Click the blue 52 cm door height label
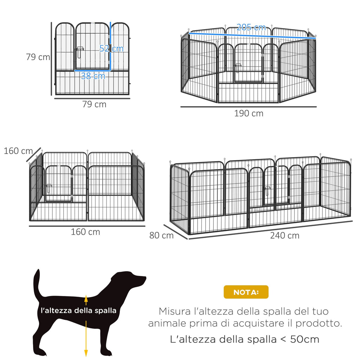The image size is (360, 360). click(x=111, y=49)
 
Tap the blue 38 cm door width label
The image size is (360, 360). click(x=93, y=76)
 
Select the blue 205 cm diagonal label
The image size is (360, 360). click(x=251, y=27)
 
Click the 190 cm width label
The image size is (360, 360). click(x=249, y=114)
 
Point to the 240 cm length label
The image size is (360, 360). click(x=285, y=236)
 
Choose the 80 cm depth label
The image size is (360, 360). click(x=161, y=236)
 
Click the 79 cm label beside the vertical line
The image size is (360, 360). click(x=38, y=57)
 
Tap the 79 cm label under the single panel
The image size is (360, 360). click(x=94, y=104)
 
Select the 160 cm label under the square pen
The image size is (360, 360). click(x=85, y=232)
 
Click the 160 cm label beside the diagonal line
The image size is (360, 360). click(x=18, y=151)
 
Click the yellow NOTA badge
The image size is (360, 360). click(x=246, y=292)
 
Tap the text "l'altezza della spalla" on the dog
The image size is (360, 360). click(x=78, y=310)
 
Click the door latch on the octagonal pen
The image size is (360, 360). click(x=238, y=66)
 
